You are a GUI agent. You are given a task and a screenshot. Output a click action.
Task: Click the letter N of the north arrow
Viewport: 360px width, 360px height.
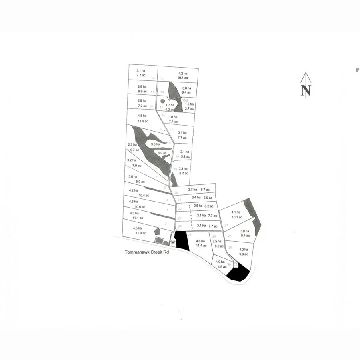(306, 90)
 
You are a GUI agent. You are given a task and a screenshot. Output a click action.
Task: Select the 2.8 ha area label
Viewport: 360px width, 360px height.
(142, 86)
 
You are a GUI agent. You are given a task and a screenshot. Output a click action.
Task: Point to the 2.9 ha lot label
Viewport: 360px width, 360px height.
(142, 100)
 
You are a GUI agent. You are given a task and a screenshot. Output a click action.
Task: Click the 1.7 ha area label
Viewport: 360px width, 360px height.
(170, 105)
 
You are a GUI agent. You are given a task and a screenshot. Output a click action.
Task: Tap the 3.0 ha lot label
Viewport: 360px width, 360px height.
(173, 117)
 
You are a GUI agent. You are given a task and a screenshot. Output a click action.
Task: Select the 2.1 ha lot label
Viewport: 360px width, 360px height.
(185, 152)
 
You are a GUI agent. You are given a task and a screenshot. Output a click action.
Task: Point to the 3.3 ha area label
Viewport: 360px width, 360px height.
(183, 169)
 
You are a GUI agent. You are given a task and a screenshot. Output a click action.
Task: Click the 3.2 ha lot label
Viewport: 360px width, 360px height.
(132, 160)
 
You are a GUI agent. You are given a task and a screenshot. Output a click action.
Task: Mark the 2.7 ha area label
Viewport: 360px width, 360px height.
(193, 189)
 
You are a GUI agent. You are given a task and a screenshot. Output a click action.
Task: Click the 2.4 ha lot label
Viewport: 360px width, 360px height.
(196, 198)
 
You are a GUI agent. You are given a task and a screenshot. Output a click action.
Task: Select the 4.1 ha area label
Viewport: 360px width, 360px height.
(236, 212)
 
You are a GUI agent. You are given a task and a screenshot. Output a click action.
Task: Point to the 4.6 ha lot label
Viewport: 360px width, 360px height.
(200, 241)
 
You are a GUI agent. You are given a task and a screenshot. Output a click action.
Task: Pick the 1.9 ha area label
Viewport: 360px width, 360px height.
(220, 262)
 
